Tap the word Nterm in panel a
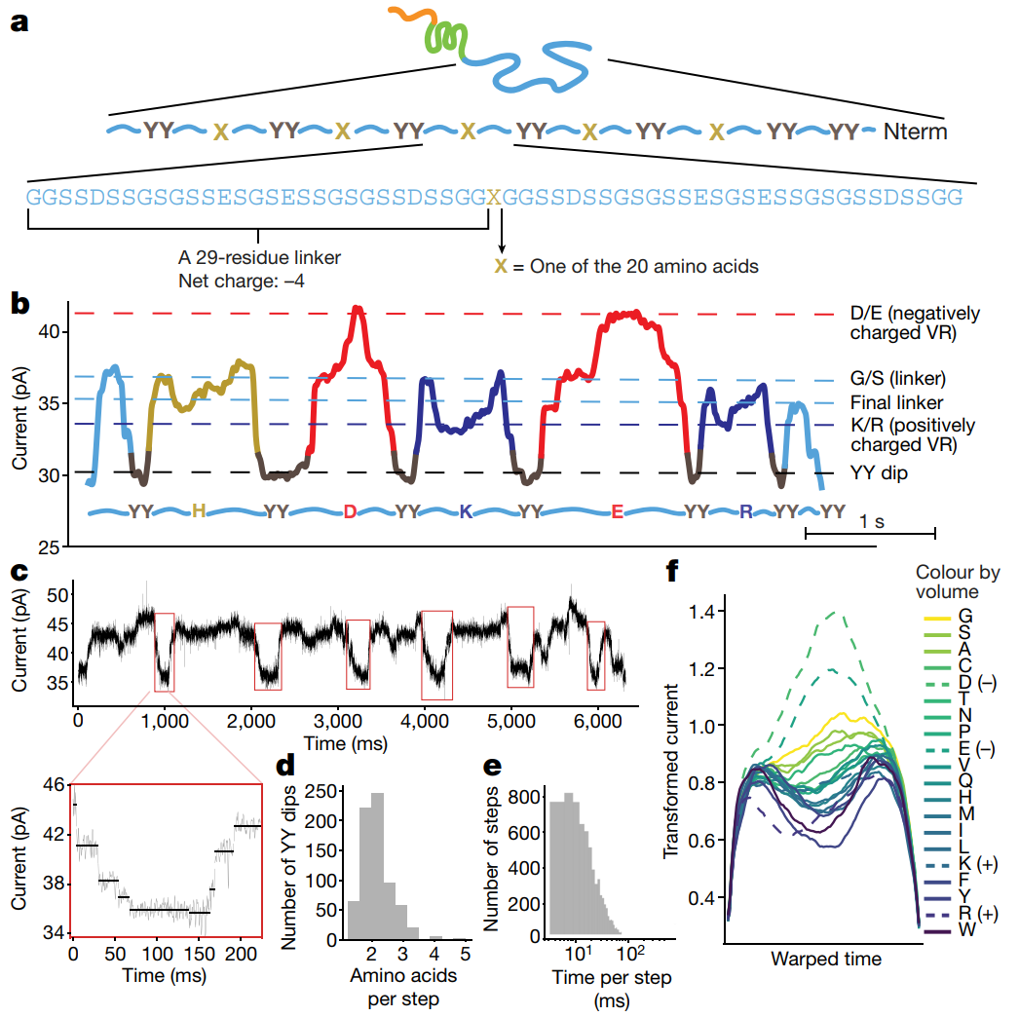pos(915,131)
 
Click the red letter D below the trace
pos(350,511)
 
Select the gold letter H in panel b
pos(198,511)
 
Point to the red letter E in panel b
pos(617,511)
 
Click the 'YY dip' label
pos(877,474)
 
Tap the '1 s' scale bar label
pos(873,522)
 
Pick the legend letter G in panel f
pos(964,617)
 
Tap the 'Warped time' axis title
pos(826,959)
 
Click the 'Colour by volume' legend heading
pos(959,582)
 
